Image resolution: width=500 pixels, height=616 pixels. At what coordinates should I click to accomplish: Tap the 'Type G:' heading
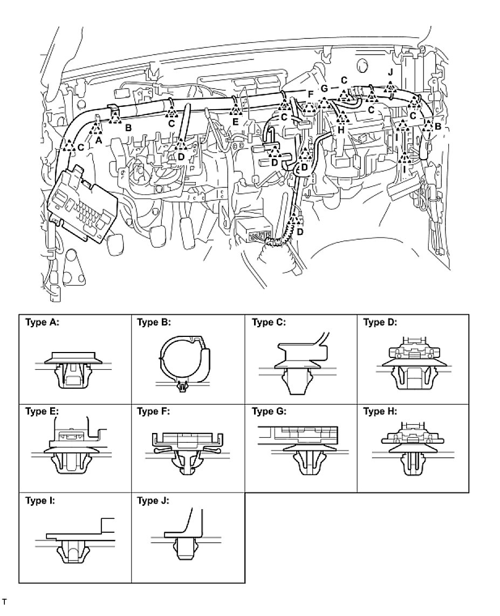tap(269, 412)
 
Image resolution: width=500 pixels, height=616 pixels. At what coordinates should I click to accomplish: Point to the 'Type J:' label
tap(153, 500)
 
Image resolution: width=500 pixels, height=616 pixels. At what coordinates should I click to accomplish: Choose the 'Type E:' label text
tap(42, 412)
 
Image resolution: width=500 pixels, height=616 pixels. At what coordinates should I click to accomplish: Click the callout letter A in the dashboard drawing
tap(98, 139)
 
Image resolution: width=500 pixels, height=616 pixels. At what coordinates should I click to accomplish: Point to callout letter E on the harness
tap(235, 122)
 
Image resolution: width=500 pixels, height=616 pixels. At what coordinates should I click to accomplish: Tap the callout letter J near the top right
tap(391, 73)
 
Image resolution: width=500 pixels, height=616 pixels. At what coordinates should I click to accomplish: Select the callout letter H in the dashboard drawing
tap(341, 130)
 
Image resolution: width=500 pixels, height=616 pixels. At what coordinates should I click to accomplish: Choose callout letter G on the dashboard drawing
tap(324, 88)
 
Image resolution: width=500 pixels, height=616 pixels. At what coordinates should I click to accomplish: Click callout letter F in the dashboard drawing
tap(310, 94)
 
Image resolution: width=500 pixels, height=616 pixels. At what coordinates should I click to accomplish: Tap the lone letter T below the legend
tap(4, 600)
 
